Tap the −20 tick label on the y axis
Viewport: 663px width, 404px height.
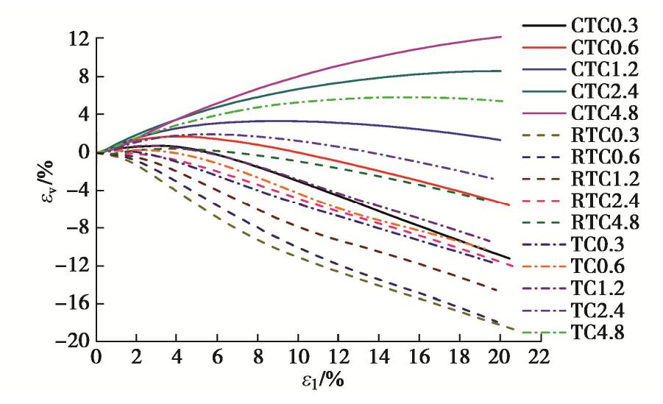click(69, 341)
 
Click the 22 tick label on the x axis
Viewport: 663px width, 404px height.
click(539, 358)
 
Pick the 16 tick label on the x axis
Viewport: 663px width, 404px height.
click(419, 358)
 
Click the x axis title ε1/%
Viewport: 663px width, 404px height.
click(318, 383)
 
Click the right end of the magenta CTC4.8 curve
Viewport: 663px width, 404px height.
click(500, 37)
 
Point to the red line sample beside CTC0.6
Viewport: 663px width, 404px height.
click(544, 48)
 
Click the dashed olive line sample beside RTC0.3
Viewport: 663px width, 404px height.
click(544, 135)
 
